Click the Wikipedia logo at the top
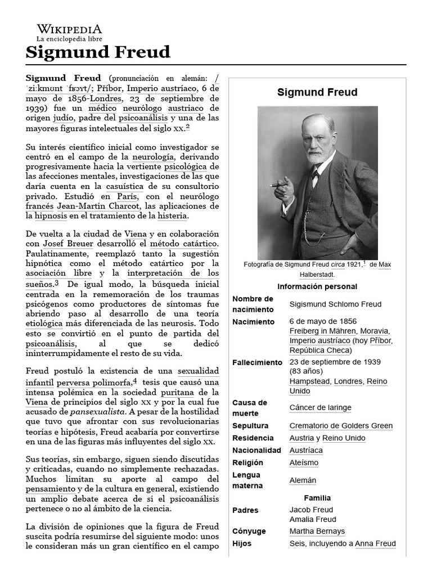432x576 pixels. tap(69, 33)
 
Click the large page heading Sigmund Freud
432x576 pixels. tap(98, 52)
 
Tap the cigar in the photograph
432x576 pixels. tap(278, 185)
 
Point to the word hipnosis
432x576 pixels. tap(51, 215)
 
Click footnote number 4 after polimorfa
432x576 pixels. tap(134, 380)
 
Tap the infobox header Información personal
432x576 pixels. tap(317, 286)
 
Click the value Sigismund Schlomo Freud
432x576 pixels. tap(335, 304)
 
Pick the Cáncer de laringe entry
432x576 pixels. tap(320, 408)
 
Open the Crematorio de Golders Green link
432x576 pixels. tap(341, 426)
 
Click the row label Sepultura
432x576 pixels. tap(250, 426)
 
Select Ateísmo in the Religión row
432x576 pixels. tap(304, 463)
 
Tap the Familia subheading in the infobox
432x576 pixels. tap(317, 498)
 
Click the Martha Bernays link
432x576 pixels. tap(317, 532)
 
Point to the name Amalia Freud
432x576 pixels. tap(313, 519)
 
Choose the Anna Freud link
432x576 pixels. tap(375, 544)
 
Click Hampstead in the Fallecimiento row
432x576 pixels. tap(309, 381)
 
